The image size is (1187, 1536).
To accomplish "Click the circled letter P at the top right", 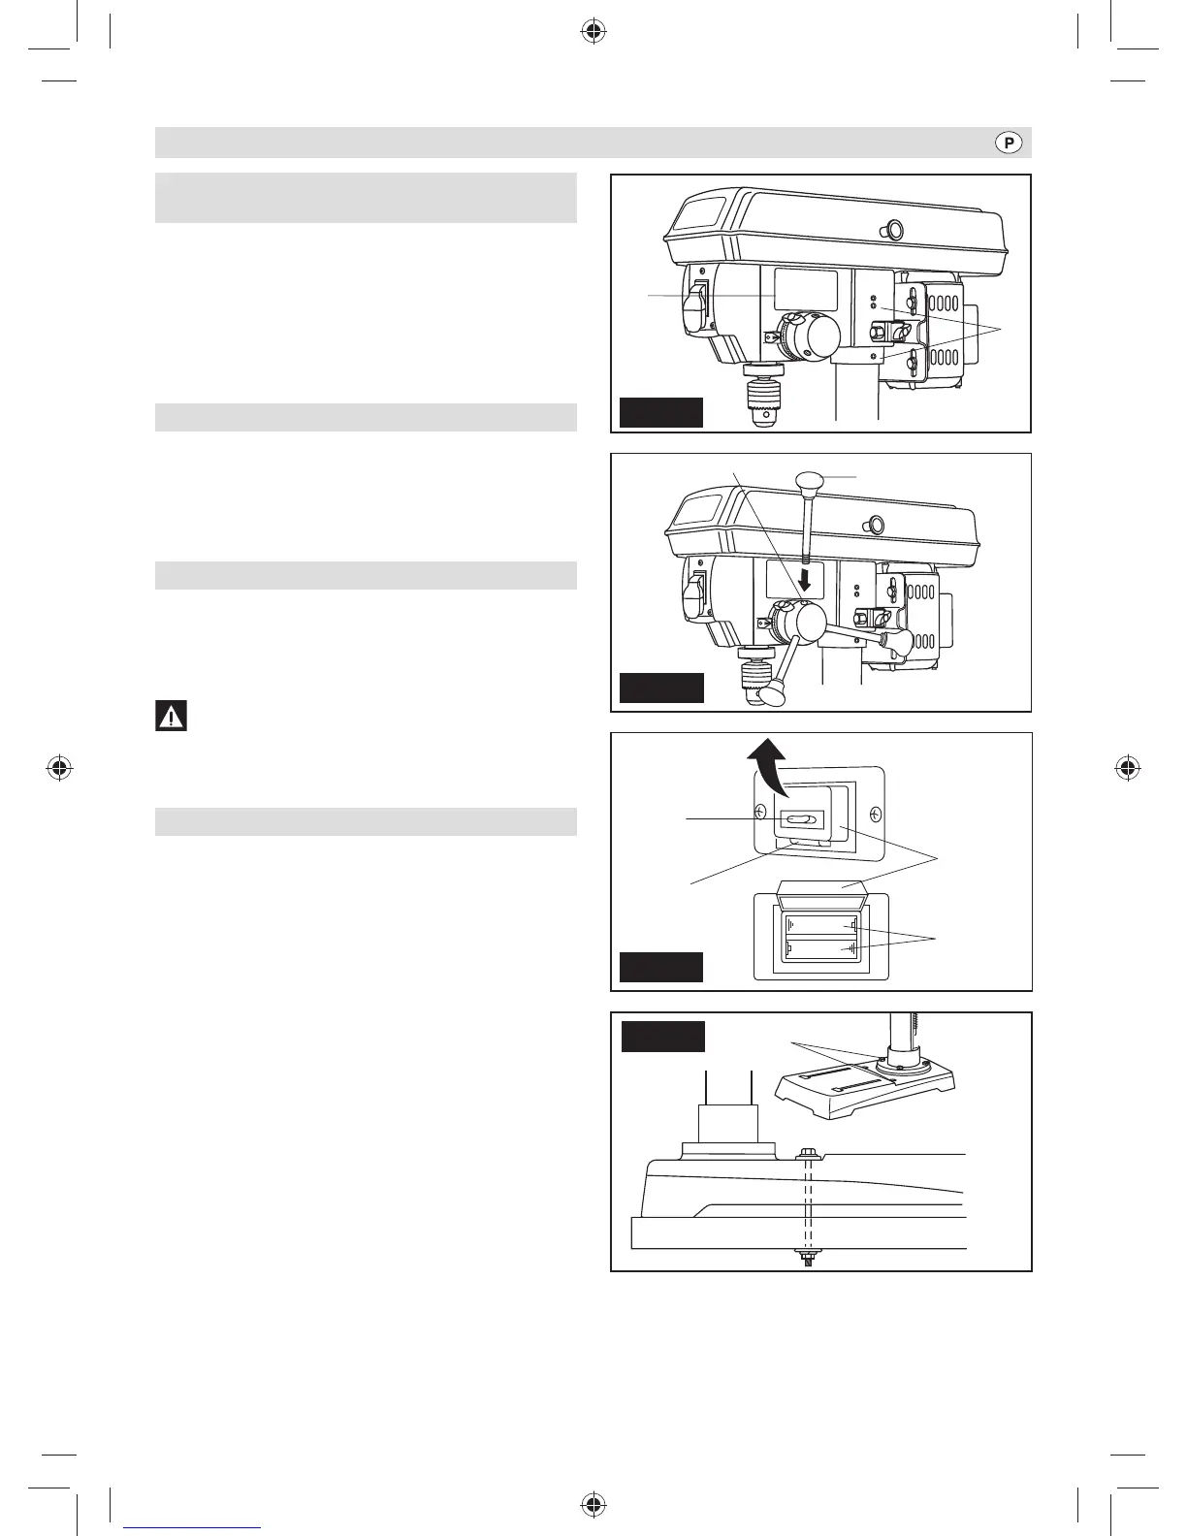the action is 1009,144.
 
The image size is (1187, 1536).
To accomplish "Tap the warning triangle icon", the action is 171,717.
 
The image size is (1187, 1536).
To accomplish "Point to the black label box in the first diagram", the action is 660,412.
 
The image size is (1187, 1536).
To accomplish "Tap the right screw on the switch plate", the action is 877,813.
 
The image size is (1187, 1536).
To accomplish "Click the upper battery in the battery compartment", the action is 821,926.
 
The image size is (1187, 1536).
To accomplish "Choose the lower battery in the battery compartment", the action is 821,948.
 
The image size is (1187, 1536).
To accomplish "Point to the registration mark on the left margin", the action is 60,769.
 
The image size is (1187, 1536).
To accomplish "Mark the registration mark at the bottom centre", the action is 593,1505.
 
